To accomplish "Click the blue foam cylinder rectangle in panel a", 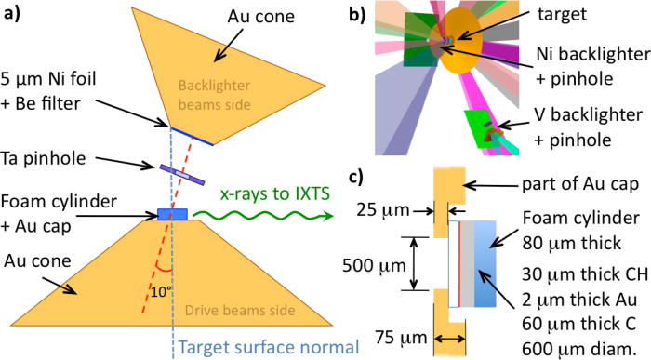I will click(x=172, y=215).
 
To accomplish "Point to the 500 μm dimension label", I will click(x=368, y=262).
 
